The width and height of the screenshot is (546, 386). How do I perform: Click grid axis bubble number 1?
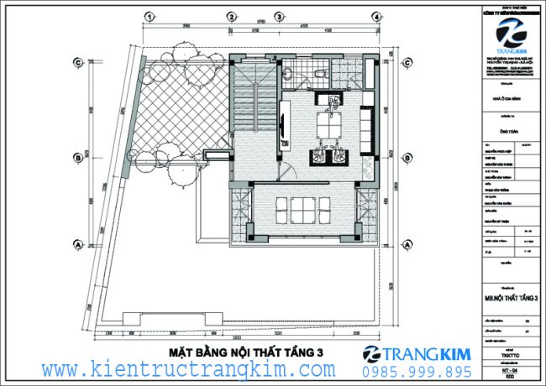[148, 16]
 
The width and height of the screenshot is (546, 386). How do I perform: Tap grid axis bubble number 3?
[279, 16]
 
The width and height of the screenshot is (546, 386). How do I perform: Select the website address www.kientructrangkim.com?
[189, 370]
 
